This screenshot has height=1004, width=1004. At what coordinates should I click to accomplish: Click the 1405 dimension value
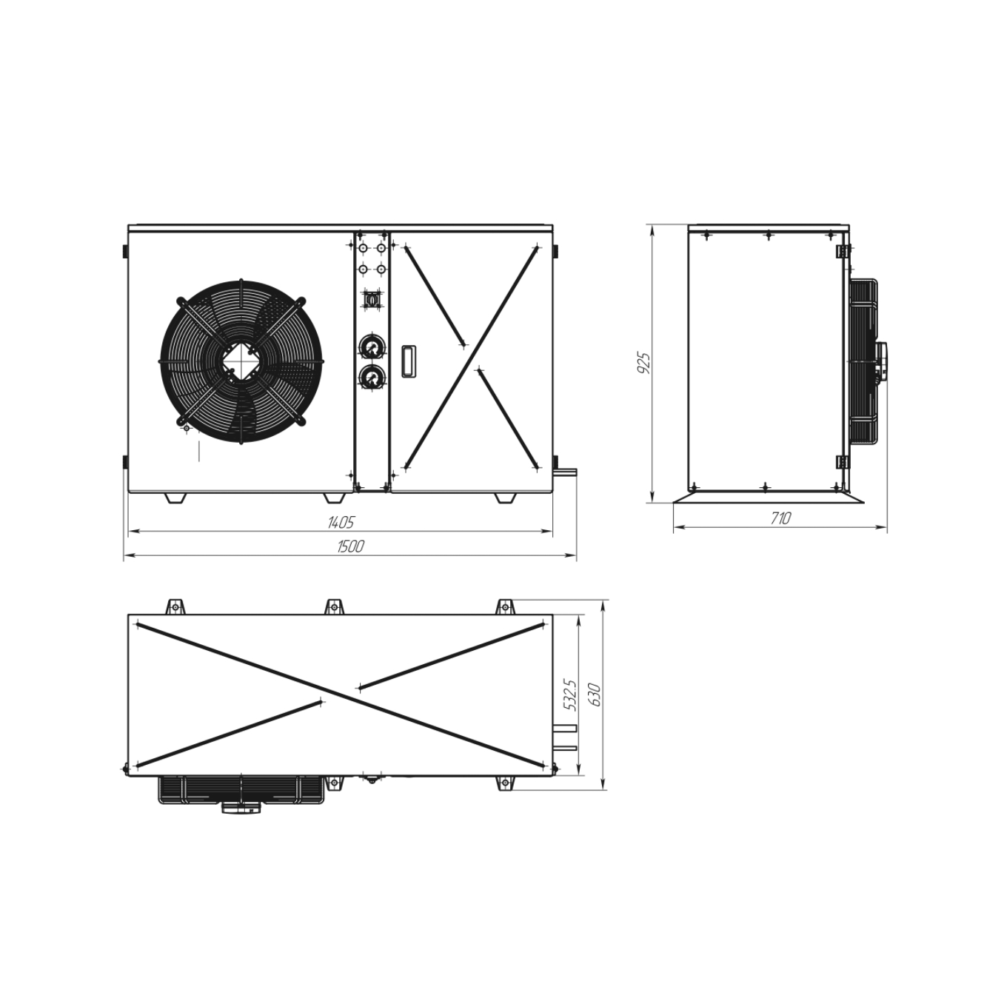pyautogui.click(x=341, y=522)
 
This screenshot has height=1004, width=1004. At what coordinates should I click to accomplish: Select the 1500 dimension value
pyautogui.click(x=350, y=546)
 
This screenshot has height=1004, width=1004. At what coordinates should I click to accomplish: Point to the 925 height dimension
pyautogui.click(x=644, y=363)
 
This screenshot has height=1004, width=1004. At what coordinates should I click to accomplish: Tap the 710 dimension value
pyautogui.click(x=780, y=518)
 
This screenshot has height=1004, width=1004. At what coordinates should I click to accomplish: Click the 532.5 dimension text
pyautogui.click(x=570, y=695)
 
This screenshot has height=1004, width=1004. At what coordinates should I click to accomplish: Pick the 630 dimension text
pyautogui.click(x=595, y=695)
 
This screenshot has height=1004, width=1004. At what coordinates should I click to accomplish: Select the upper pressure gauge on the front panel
pyautogui.click(x=372, y=346)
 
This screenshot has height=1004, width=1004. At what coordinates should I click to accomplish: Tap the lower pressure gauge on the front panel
pyautogui.click(x=372, y=377)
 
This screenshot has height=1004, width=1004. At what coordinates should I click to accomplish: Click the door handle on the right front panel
pyautogui.click(x=408, y=360)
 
